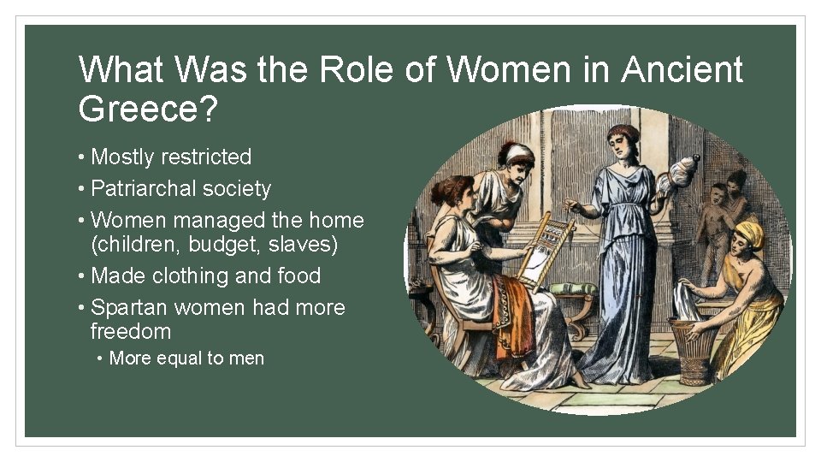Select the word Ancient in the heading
[x=682, y=70]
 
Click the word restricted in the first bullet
[x=210, y=157]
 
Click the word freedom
[x=131, y=332]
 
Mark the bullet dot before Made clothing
[x=81, y=276]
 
